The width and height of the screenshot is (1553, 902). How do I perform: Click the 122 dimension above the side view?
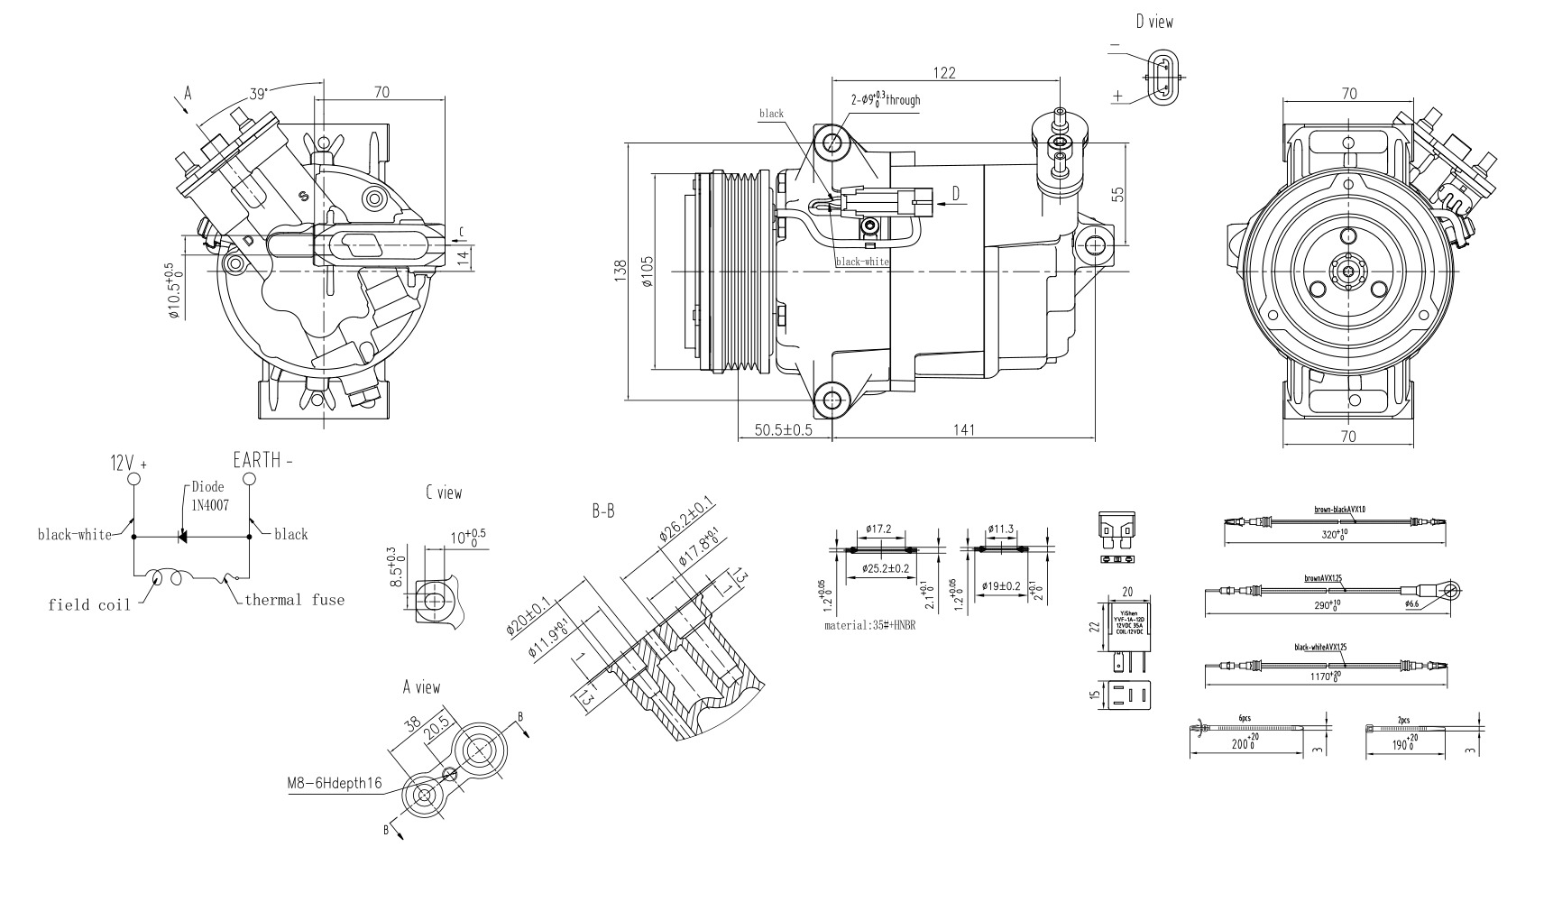point(944,72)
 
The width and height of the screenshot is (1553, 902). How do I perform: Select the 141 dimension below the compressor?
point(963,431)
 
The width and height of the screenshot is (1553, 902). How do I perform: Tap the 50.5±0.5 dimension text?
point(784,431)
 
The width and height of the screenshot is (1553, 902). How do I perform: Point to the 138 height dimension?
point(620,271)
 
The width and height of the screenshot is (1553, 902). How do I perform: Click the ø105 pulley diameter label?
point(648,271)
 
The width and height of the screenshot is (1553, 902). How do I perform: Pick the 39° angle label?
point(259,93)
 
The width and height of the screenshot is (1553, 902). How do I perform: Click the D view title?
point(1154,22)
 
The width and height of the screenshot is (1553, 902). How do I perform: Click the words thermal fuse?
point(294,600)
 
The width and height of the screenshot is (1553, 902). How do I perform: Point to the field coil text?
point(88,604)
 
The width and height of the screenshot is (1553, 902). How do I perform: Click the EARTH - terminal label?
point(262,460)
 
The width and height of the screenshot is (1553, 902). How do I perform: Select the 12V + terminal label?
point(128,464)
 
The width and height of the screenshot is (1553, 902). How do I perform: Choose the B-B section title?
point(603,511)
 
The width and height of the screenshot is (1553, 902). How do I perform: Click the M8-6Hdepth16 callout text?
point(335,784)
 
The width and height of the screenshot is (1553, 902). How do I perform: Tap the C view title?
point(444,492)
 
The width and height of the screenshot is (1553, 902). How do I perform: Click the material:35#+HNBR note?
point(869,624)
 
